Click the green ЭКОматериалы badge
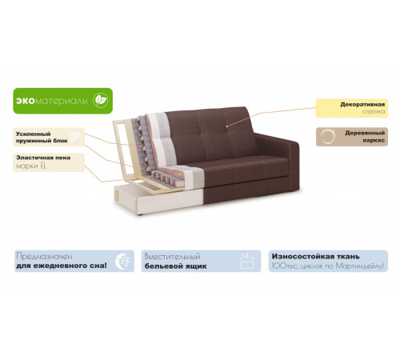click(x=63, y=101)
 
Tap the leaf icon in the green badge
click(x=101, y=101)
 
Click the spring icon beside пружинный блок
click(x=78, y=137)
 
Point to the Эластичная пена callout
click(x=49, y=162)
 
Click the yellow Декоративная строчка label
click(x=352, y=108)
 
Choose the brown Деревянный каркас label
click(x=352, y=137)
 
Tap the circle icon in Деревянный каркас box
click(x=327, y=136)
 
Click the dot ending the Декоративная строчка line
click(x=226, y=126)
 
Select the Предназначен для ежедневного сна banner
click(x=74, y=261)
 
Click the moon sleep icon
click(x=122, y=261)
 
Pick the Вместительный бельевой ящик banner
click(x=201, y=261)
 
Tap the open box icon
click(x=247, y=261)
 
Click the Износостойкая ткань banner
click(x=328, y=261)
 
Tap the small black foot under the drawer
click(x=140, y=214)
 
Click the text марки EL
click(x=31, y=166)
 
